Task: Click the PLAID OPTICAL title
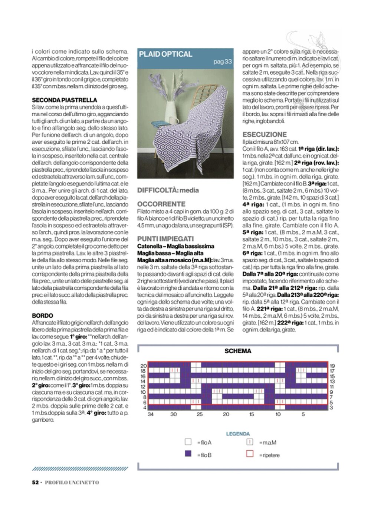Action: click(x=165, y=54)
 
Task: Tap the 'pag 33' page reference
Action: click(x=223, y=61)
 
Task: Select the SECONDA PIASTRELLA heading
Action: click(x=65, y=100)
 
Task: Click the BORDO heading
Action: click(x=42, y=316)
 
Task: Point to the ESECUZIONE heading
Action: click(x=265, y=134)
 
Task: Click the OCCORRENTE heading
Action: click(x=161, y=204)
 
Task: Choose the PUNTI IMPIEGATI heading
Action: click(x=165, y=239)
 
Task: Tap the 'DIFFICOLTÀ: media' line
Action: click(x=168, y=190)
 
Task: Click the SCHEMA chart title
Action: click(x=238, y=351)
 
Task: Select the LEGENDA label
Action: click(x=238, y=434)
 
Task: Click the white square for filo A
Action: click(x=188, y=442)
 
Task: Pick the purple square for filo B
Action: click(x=188, y=454)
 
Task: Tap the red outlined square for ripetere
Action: click(x=250, y=454)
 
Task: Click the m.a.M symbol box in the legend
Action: click(x=250, y=442)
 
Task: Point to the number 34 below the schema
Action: click(x=151, y=414)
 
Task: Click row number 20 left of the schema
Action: click(x=144, y=366)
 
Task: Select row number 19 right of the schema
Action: click(x=332, y=366)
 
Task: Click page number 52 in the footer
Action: click(x=36, y=482)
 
